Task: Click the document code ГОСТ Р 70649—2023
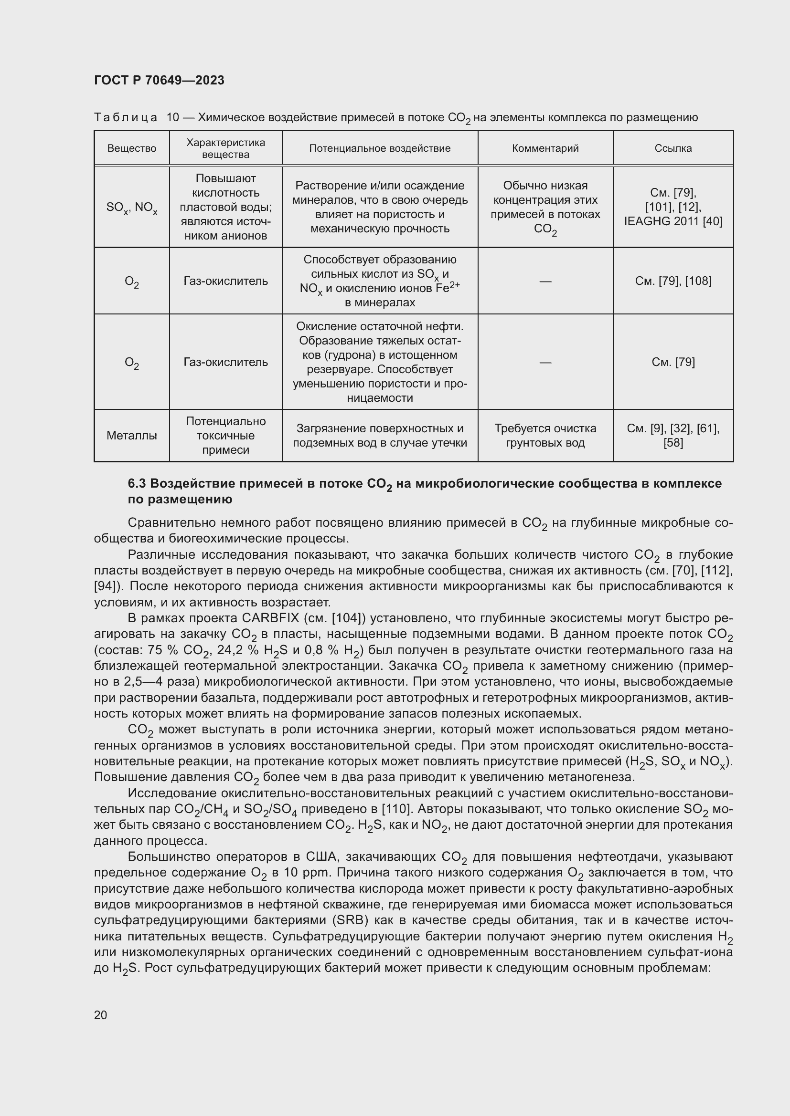(159, 81)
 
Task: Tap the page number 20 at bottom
(100, 1015)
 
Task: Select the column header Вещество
(131, 148)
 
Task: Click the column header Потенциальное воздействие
(379, 148)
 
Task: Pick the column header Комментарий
(545, 148)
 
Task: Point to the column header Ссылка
(673, 148)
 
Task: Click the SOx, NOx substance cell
(131, 208)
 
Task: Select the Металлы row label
(131, 436)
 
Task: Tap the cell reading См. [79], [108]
(673, 281)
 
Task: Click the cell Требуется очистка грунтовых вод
(545, 436)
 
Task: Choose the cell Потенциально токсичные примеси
(225, 436)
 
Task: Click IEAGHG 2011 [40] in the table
(673, 222)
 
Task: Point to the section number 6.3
(137, 484)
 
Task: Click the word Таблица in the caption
(126, 118)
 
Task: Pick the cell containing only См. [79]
(673, 362)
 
